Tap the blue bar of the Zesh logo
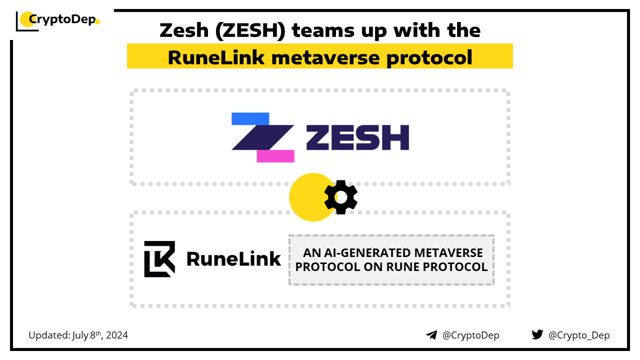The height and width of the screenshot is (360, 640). [250, 119]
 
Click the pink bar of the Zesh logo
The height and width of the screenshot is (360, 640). [275, 156]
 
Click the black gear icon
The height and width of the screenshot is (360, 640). [340, 196]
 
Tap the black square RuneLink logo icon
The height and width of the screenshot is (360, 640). [159, 259]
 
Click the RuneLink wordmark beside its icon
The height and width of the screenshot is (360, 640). [233, 258]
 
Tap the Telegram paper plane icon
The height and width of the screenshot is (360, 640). [431, 335]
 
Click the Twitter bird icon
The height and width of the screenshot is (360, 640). [537, 334]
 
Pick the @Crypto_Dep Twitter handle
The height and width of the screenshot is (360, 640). [579, 335]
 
